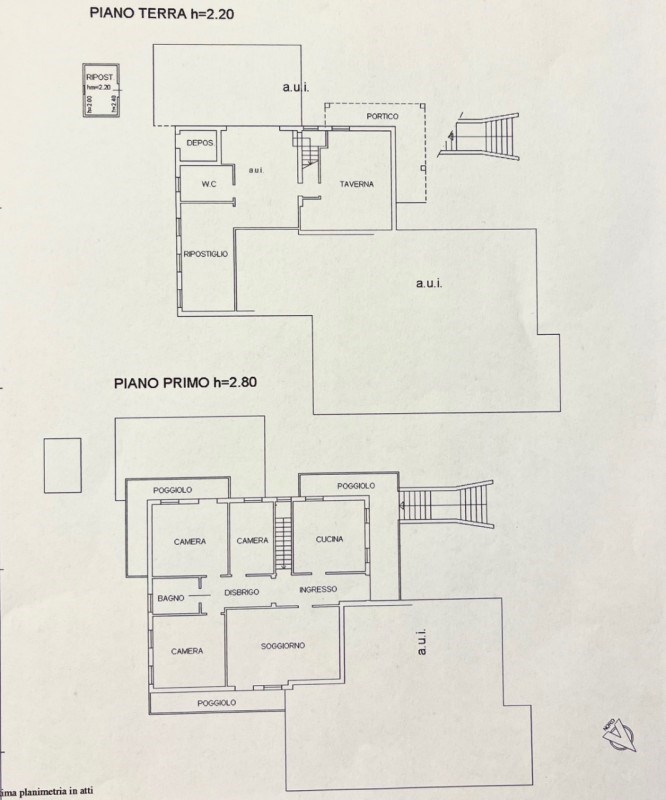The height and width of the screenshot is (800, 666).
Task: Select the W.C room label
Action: click(x=209, y=183)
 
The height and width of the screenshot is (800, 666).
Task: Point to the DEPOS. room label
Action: click(x=201, y=144)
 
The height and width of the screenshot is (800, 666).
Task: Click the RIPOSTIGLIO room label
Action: click(x=205, y=254)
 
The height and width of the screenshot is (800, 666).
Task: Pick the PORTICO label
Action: click(x=382, y=117)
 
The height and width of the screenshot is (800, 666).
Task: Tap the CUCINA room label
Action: click(x=329, y=540)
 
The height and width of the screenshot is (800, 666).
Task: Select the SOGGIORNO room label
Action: click(x=283, y=646)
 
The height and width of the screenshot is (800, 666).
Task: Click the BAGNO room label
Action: click(x=167, y=598)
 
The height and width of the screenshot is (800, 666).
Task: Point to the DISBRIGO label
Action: click(x=242, y=592)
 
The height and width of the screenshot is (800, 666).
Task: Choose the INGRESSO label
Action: click(x=317, y=589)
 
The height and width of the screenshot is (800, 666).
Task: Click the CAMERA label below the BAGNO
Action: click(x=187, y=651)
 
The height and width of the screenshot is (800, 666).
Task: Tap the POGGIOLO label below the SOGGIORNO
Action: click(x=216, y=704)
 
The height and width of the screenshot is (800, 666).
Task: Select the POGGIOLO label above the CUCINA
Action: click(x=355, y=486)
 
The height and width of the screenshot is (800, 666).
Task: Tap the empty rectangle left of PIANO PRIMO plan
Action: click(x=62, y=464)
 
